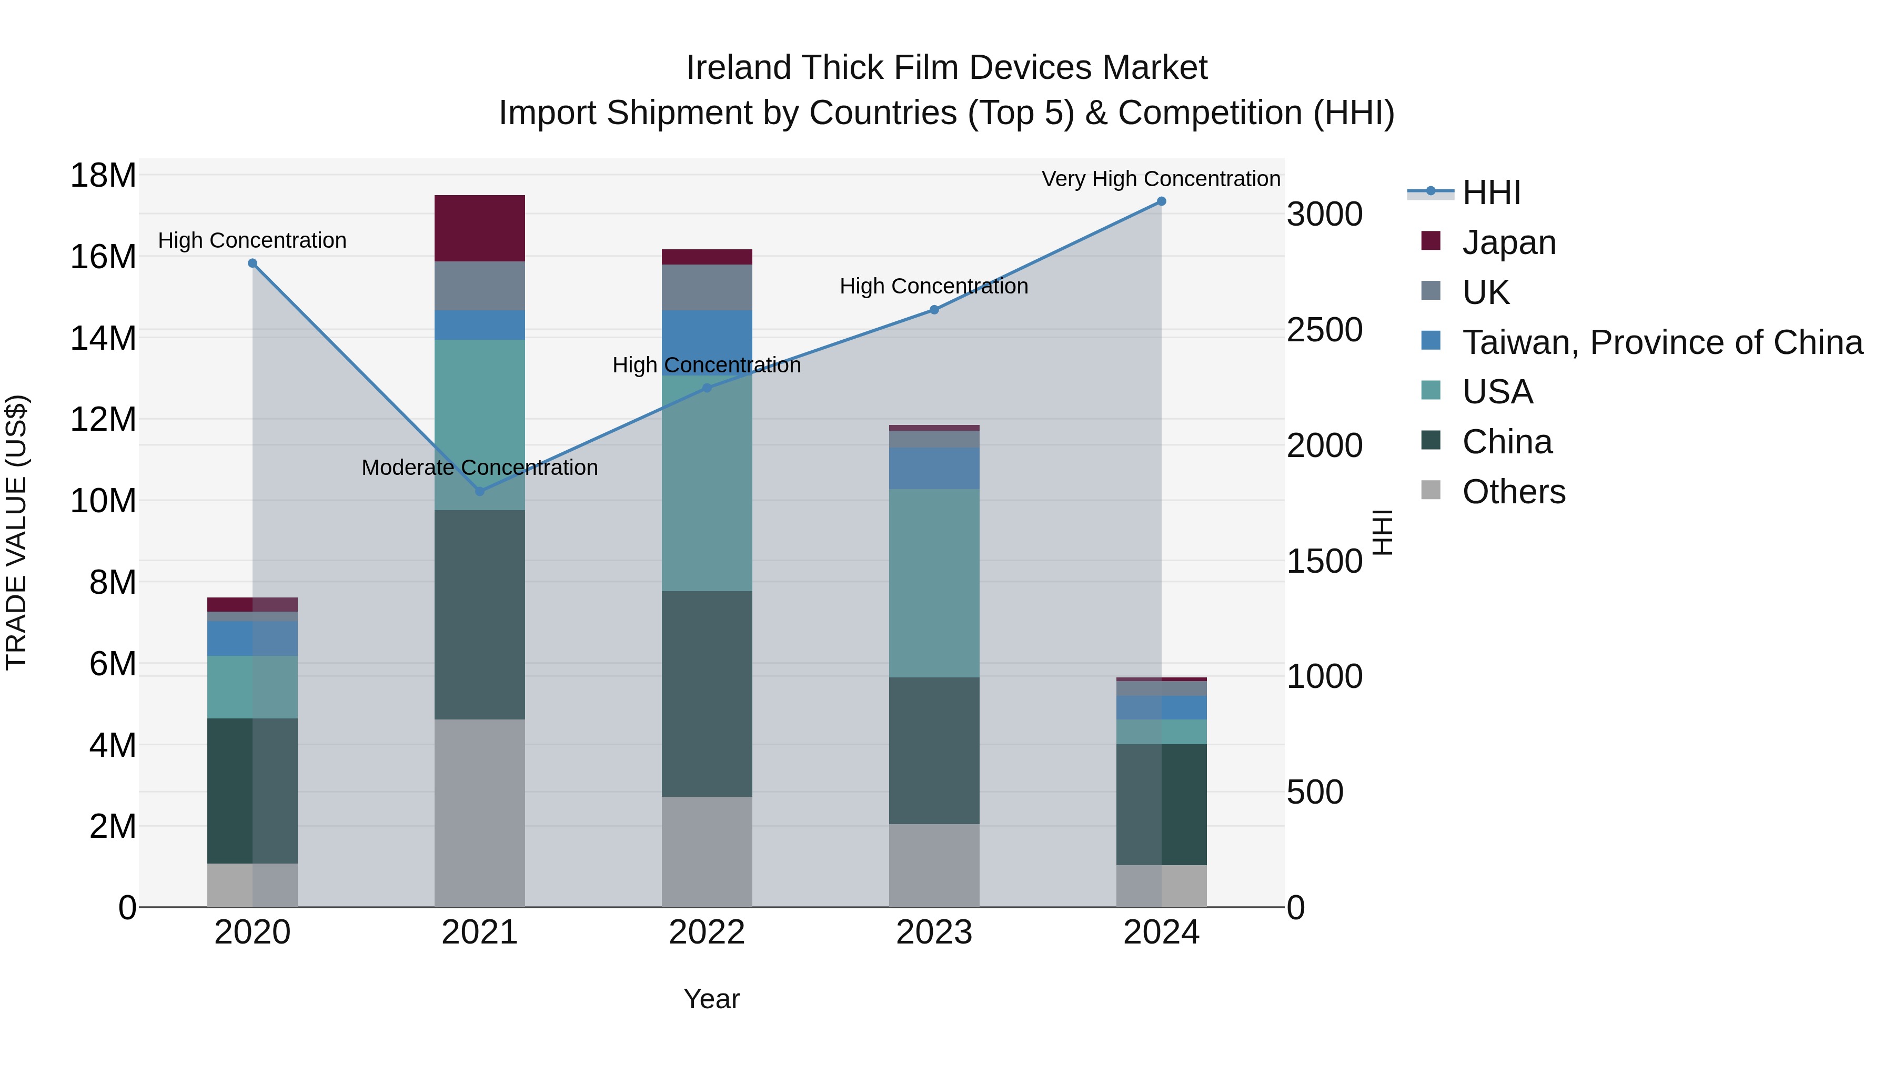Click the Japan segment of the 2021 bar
[479, 228]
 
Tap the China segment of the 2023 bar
[934, 749]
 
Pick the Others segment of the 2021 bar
[479, 812]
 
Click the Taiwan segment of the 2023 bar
[934, 468]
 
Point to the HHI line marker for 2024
[1161, 201]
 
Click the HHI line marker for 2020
[252, 263]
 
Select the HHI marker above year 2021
[479, 491]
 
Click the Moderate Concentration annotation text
[479, 468]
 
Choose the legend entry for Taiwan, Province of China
[1661, 342]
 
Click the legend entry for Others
[1513, 492]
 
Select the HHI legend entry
[1490, 192]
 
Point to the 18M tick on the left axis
[103, 176]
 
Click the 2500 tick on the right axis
[1324, 330]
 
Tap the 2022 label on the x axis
[707, 932]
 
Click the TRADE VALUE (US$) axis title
[16, 532]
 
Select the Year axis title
[711, 999]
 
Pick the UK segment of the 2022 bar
[707, 287]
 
